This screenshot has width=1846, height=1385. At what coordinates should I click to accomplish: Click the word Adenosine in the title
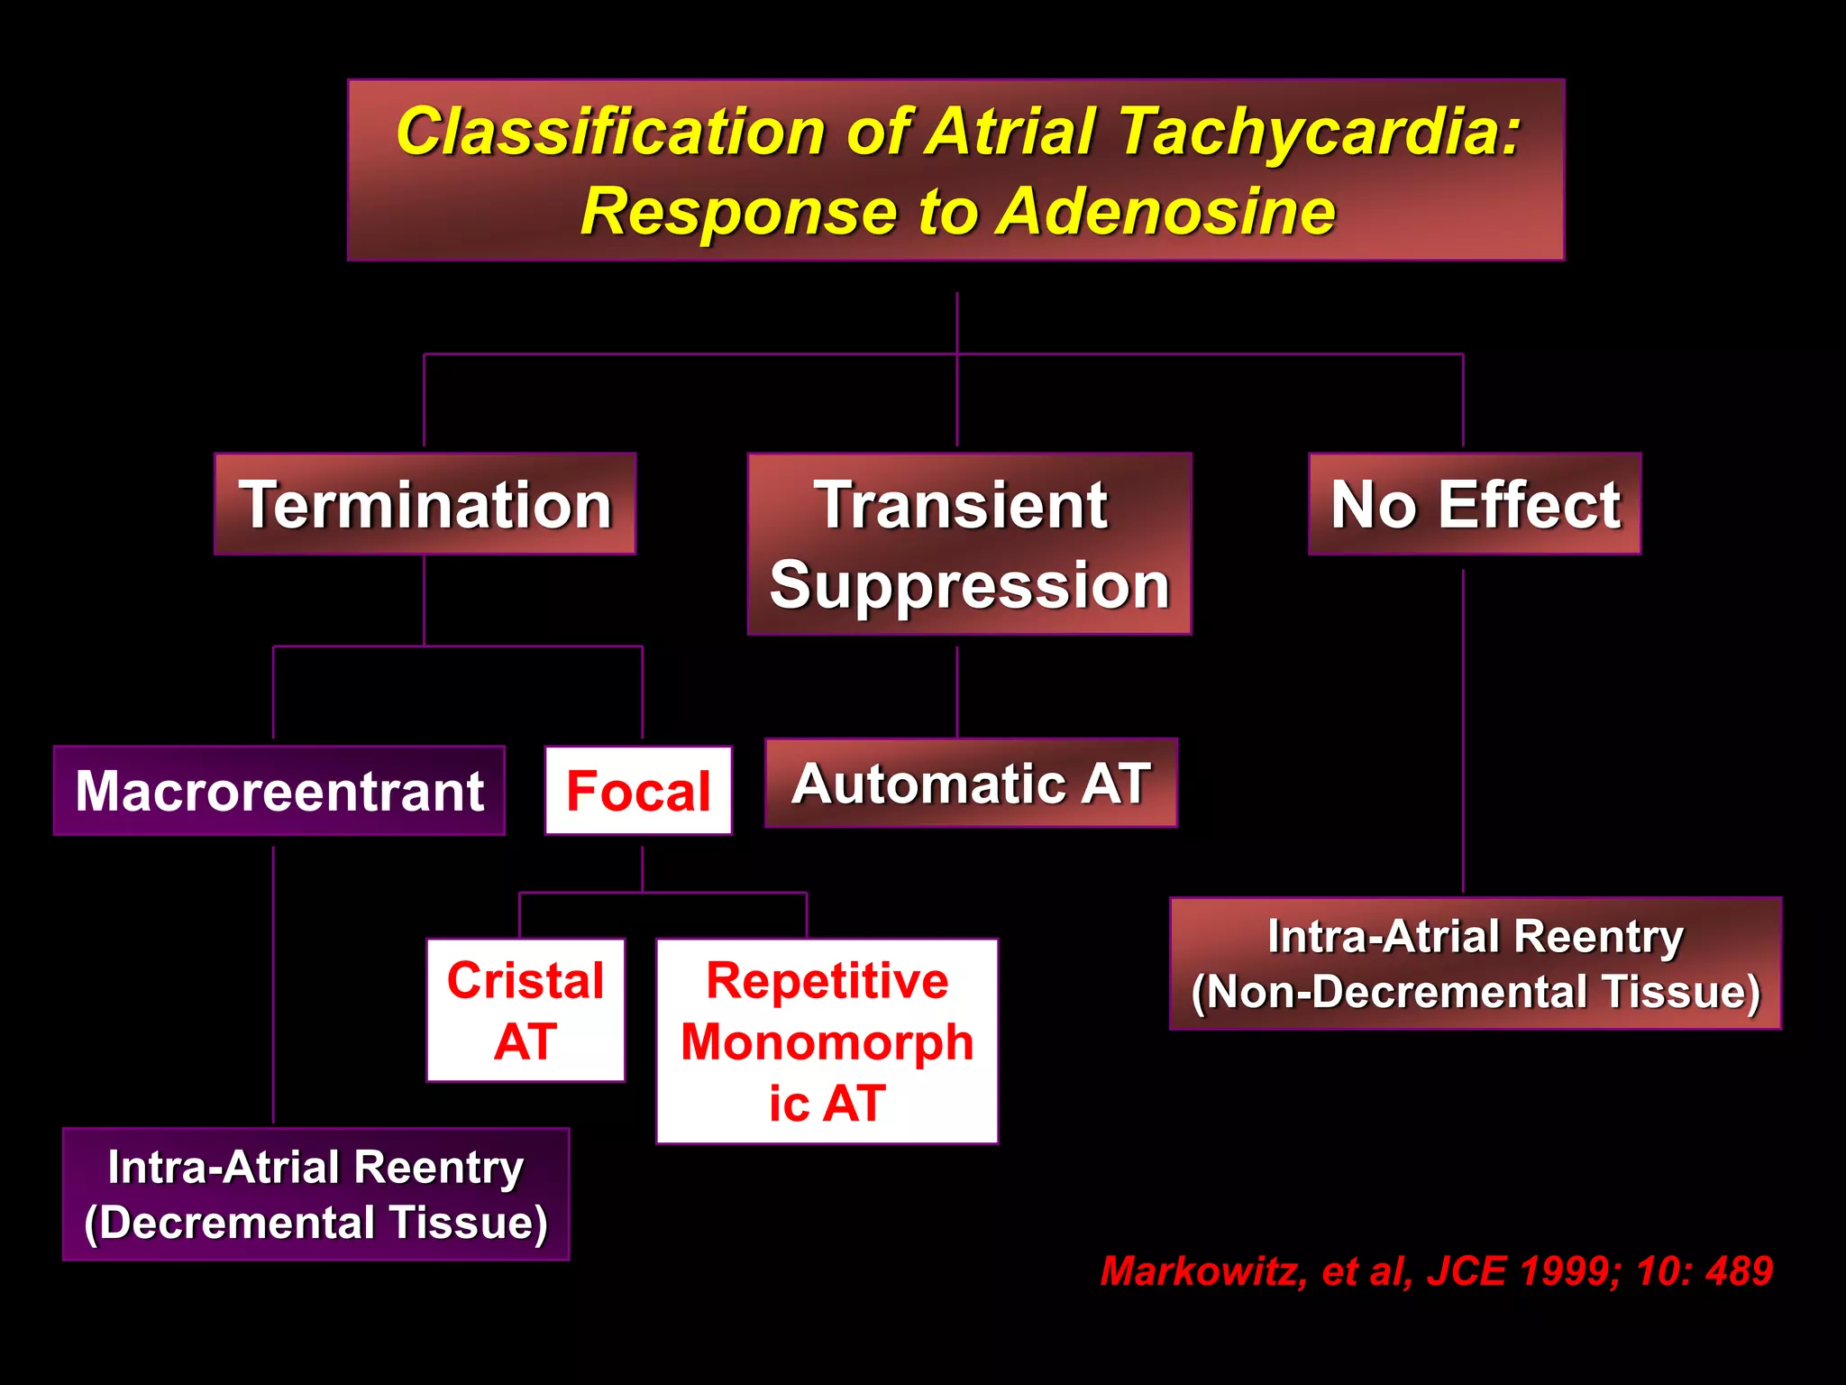1168,212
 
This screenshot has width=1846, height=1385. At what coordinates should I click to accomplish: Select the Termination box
425,504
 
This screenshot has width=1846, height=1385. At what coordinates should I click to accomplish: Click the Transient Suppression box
969,544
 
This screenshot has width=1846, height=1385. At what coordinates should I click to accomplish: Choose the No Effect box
1475,504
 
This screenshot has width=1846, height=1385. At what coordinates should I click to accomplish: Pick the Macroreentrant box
279,791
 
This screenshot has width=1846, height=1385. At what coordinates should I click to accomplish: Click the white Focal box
638,791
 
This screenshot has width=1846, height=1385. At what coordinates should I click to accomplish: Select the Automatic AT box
971,783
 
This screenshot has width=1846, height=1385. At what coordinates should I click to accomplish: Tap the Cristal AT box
525,1010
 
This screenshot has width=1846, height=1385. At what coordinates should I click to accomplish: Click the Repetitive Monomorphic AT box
827,1041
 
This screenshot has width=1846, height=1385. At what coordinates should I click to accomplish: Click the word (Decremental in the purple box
224,1223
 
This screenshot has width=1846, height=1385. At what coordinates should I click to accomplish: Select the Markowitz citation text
1436,1271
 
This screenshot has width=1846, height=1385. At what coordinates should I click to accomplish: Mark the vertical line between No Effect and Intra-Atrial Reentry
1463,730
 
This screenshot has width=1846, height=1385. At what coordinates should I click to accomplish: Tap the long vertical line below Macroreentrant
273,983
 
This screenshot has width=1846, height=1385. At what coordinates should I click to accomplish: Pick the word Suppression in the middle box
969,585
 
